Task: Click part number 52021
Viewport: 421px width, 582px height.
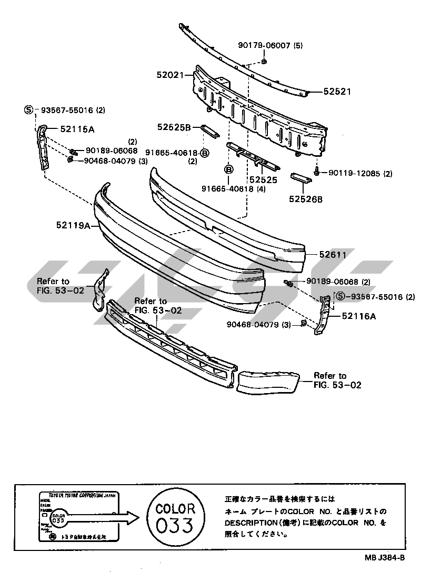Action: click(169, 75)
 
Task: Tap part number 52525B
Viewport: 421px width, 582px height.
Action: click(173, 127)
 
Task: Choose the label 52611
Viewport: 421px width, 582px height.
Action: click(332, 255)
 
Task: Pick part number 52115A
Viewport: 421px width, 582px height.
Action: click(81, 128)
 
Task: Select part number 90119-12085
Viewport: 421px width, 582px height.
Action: click(355, 173)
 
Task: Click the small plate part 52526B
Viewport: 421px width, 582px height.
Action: click(302, 178)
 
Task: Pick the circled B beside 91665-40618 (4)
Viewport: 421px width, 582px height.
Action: click(229, 169)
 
